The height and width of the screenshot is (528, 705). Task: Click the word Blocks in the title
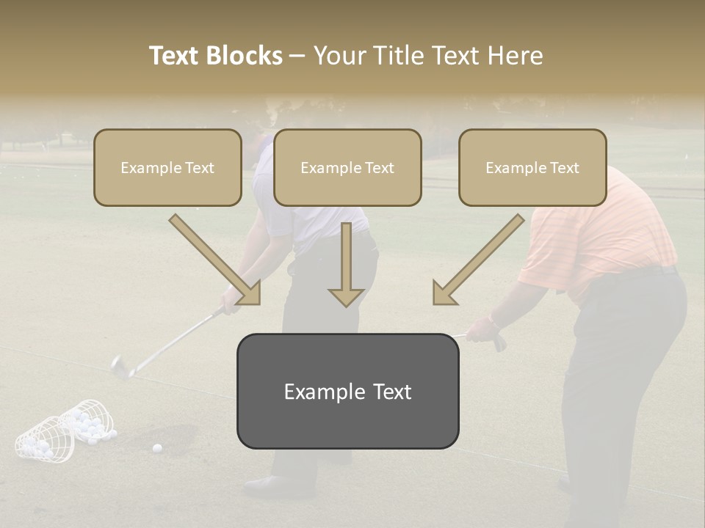(x=245, y=56)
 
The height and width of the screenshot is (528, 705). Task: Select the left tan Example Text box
(x=167, y=167)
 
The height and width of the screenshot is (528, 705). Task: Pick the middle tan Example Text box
(x=347, y=167)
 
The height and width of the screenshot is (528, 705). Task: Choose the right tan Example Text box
(x=532, y=167)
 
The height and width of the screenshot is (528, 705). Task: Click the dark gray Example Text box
(x=347, y=391)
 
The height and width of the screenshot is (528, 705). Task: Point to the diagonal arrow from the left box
(x=217, y=260)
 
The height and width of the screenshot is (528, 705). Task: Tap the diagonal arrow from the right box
(x=477, y=260)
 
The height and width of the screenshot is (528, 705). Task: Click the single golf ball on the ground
(x=156, y=447)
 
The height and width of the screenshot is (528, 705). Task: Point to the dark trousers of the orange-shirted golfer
(x=624, y=367)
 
